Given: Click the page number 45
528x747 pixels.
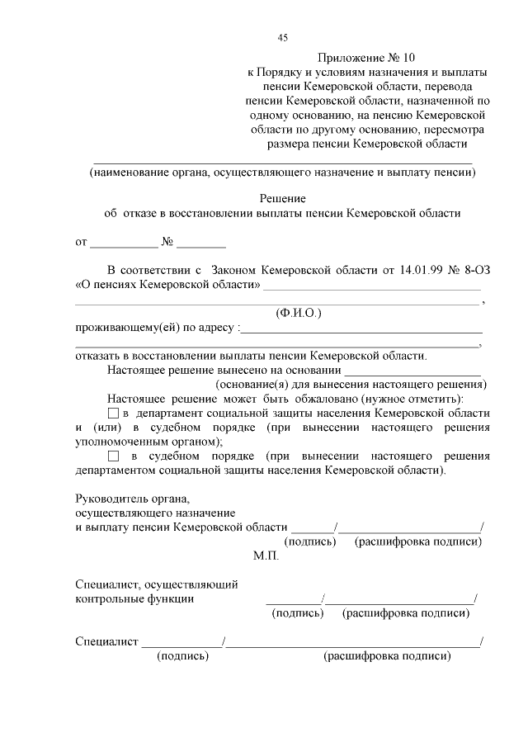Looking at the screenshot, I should click(283, 37).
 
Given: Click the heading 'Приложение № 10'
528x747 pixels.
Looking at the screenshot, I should click(367, 58).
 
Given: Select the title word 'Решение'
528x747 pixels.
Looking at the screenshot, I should click(283, 198).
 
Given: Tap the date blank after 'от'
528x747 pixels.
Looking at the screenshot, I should click(123, 244).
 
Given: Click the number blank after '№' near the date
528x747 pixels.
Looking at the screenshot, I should click(200, 244).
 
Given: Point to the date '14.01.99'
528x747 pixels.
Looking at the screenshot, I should click(427, 270).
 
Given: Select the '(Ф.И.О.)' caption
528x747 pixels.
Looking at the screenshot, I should click(298, 314).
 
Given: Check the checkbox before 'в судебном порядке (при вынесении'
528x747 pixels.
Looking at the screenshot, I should click(114, 456).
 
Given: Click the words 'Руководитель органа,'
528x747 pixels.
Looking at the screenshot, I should click(132, 499).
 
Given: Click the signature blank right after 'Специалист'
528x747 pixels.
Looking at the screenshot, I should click(181, 641).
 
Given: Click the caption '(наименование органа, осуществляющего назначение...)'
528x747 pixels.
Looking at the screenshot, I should click(283, 173).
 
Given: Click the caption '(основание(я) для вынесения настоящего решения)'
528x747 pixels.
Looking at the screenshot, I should click(351, 385).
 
